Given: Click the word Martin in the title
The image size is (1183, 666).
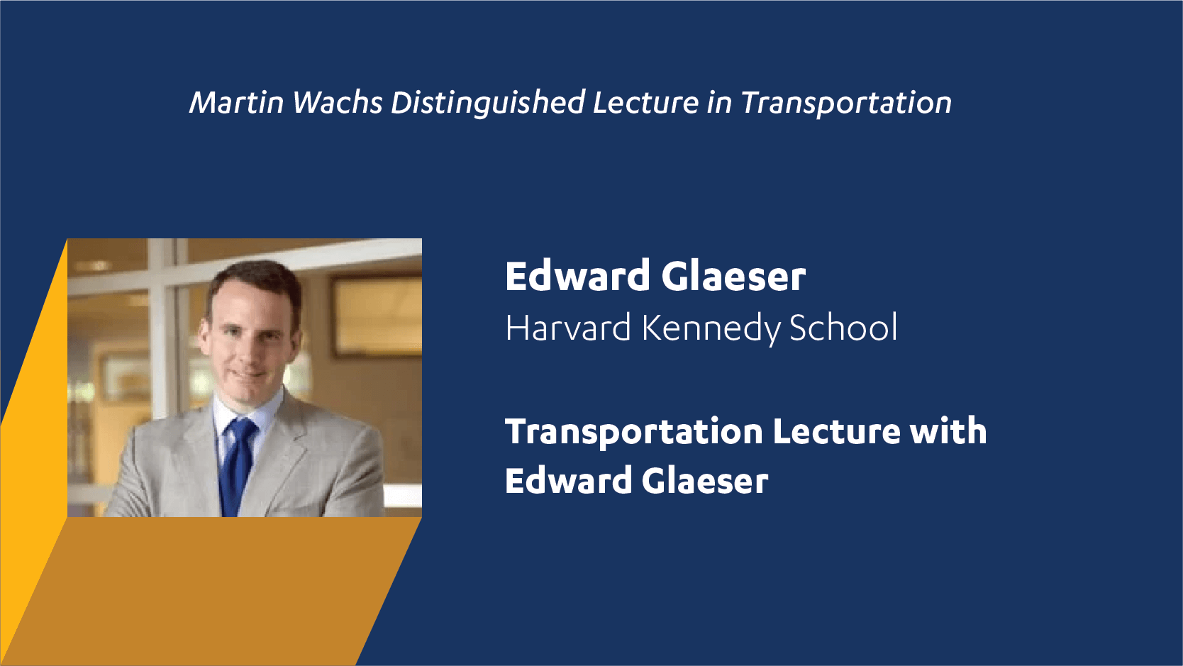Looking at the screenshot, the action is (237, 102).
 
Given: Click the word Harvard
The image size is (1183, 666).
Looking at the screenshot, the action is (568, 328).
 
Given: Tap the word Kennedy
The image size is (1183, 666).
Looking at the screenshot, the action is (711, 328).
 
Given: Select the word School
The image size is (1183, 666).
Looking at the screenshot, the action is (843, 328).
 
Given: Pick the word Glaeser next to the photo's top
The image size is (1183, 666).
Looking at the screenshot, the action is (733, 276).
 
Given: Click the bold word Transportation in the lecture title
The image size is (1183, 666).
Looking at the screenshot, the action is (634, 432).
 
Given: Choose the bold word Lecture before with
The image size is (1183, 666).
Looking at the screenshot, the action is (836, 431).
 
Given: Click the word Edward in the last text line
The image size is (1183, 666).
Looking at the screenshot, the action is (567, 480).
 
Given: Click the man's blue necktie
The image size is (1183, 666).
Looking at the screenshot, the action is (238, 465).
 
